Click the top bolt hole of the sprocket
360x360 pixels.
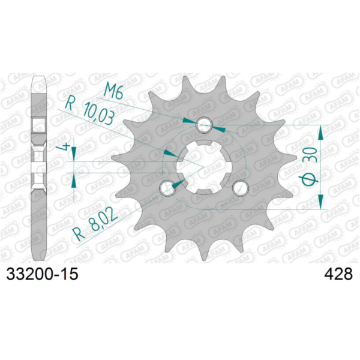pos(205,125)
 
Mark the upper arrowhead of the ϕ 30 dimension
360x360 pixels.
pos(320,130)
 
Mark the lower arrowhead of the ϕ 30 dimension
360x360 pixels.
pos(320,204)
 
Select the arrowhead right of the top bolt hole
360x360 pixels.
pos(219,128)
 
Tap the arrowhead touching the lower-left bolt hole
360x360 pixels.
pos(177,184)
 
